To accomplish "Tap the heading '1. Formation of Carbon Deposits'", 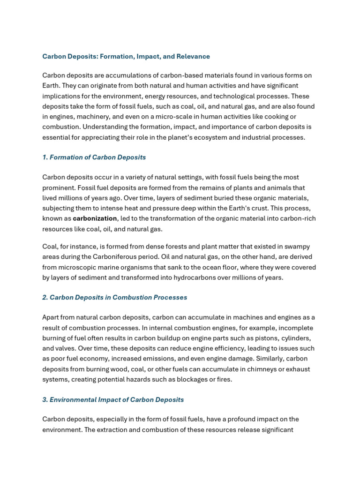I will click(94, 157).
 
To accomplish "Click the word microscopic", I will click(82, 267).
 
